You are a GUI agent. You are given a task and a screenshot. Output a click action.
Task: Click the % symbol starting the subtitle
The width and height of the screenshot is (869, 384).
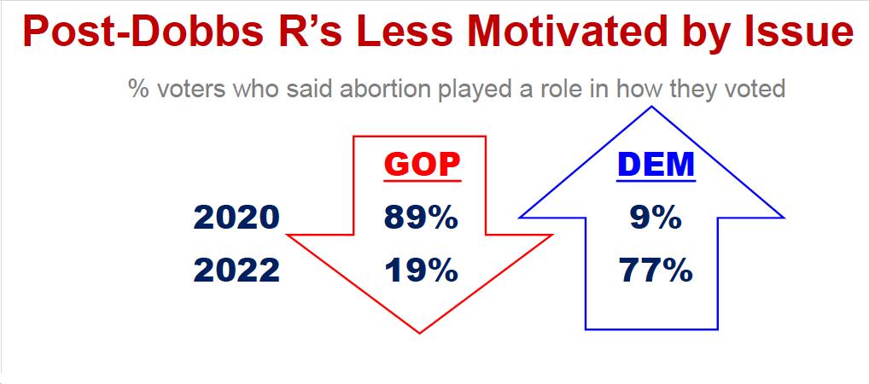[139, 89]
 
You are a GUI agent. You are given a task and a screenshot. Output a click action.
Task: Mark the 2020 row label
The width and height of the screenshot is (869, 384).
[236, 218]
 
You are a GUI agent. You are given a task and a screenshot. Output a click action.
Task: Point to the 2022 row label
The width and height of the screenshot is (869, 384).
[236, 271]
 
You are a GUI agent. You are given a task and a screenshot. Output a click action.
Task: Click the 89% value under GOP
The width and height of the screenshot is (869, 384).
[421, 218]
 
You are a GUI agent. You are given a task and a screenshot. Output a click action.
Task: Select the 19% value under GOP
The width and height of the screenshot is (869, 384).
[421, 271]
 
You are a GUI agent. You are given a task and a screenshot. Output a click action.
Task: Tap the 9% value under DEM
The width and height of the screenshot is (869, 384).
[656, 218]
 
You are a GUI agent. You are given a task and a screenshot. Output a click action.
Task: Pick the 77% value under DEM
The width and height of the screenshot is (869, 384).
[656, 271]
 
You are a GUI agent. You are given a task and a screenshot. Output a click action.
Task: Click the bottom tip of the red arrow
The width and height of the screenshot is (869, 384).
[419, 334]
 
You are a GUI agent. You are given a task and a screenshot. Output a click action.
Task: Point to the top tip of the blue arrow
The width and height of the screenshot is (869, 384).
[652, 106]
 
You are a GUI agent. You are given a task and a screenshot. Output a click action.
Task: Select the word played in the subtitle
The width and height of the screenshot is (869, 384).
[471, 88]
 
